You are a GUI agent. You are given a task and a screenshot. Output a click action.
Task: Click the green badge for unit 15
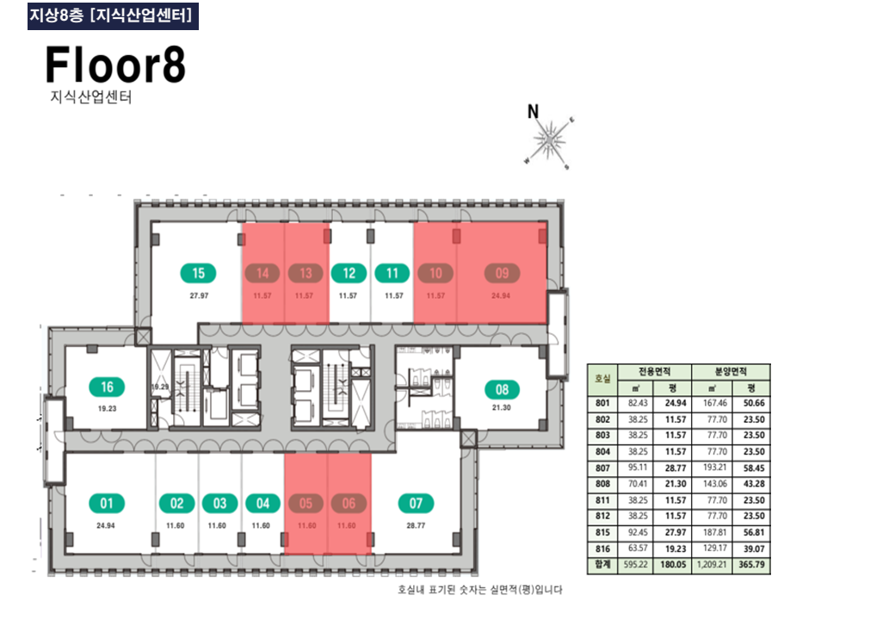click(x=199, y=274)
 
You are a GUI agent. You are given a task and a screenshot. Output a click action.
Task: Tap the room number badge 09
click(x=502, y=274)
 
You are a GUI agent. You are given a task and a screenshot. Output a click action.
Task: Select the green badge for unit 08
click(x=502, y=388)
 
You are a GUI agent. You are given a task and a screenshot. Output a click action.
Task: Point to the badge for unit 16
click(x=107, y=387)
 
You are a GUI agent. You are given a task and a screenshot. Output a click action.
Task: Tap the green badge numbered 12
click(x=349, y=274)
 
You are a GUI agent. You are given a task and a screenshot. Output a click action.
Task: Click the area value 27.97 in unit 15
click(x=199, y=295)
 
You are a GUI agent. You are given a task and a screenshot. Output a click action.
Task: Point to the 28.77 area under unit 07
click(x=416, y=524)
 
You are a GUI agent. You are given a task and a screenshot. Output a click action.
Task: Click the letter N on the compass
click(x=533, y=111)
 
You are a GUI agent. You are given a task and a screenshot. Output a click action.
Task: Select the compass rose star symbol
click(x=548, y=139)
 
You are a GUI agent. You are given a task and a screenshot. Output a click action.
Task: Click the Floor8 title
click(x=115, y=65)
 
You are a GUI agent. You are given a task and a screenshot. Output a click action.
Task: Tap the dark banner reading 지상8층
click(x=113, y=15)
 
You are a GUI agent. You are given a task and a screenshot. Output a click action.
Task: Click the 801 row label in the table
click(x=602, y=402)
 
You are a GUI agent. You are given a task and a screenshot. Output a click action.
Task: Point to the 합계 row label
click(x=602, y=566)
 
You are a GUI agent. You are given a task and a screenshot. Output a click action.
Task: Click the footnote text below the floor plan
click(x=478, y=590)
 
